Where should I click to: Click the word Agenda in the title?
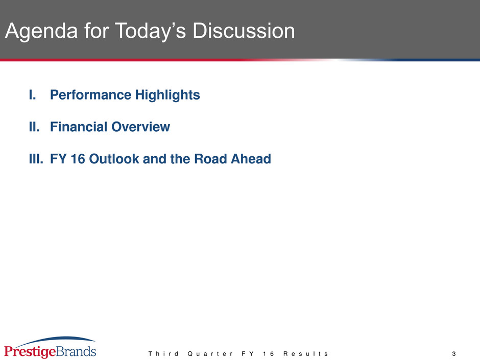click(41, 32)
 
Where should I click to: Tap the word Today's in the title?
click(150, 32)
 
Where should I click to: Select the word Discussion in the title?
click(244, 31)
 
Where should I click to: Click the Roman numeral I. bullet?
click(33, 94)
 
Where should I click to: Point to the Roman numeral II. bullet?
click(34, 127)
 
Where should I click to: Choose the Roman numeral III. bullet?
click(36, 159)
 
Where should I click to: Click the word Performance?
click(91, 94)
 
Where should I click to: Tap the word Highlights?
click(168, 95)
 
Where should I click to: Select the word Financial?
click(79, 127)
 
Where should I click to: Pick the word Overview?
click(141, 127)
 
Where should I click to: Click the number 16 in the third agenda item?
click(78, 159)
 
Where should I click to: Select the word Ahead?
click(251, 159)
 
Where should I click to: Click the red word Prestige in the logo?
click(30, 352)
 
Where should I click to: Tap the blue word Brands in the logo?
click(76, 351)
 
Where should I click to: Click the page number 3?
click(454, 354)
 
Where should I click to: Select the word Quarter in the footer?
click(210, 354)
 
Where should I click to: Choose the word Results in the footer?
click(306, 354)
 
